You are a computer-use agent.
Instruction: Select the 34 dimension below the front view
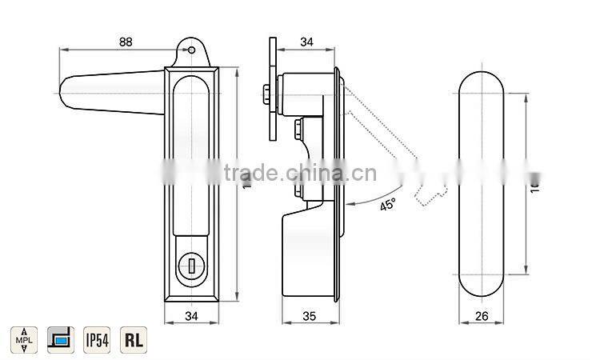point(190,316)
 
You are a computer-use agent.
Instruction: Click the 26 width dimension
point(481,316)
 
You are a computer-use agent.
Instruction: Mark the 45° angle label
point(387,206)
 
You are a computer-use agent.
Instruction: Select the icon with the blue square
point(59,340)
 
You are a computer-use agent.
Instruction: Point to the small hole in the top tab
point(191,49)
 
